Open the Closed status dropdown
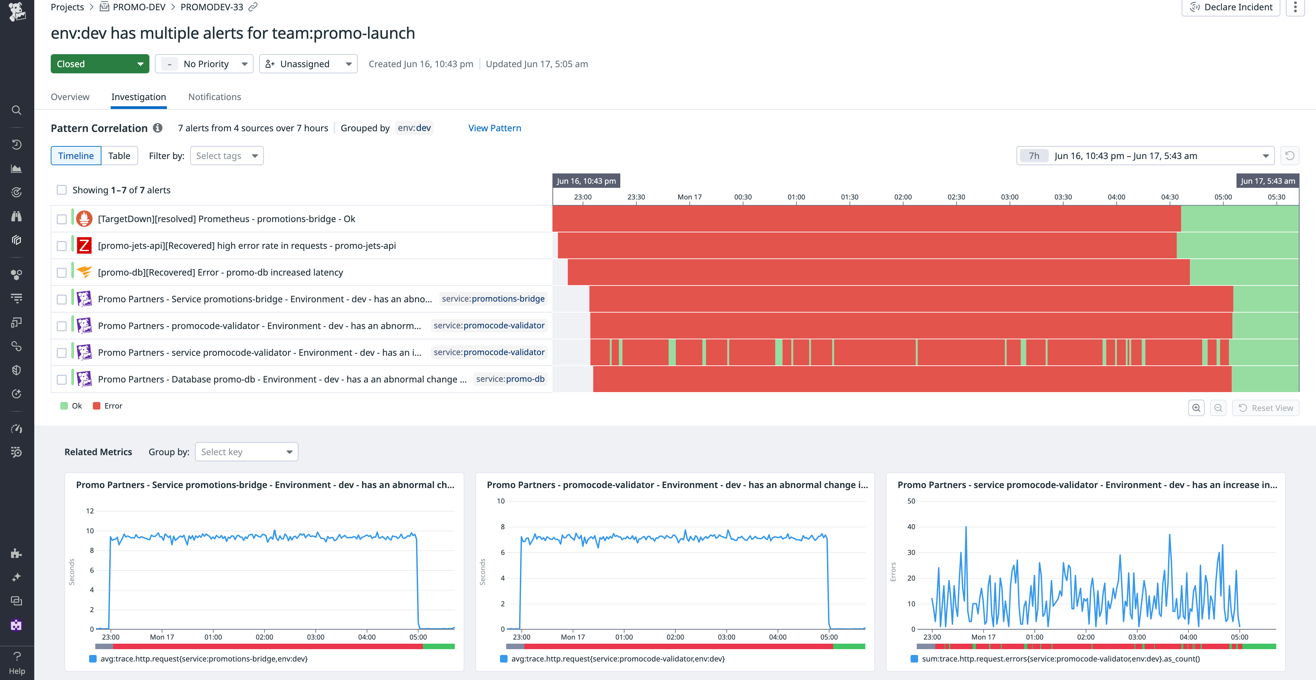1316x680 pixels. click(x=100, y=64)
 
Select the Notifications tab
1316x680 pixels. click(x=214, y=97)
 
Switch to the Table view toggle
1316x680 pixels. click(x=119, y=156)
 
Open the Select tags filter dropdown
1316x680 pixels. click(x=226, y=156)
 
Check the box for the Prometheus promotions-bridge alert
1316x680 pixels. click(x=62, y=219)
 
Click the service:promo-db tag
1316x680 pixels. click(x=510, y=379)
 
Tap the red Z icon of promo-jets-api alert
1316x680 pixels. click(x=84, y=246)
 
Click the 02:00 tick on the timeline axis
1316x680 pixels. click(x=902, y=197)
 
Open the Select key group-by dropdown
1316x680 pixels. click(x=246, y=452)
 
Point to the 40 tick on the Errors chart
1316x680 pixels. click(x=911, y=527)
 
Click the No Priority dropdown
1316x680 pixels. click(x=204, y=64)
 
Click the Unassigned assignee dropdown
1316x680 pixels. click(x=308, y=64)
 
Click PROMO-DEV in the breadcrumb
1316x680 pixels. click(x=138, y=7)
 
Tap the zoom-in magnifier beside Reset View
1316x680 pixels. click(x=1196, y=408)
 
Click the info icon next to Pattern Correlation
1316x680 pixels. click(x=158, y=128)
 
